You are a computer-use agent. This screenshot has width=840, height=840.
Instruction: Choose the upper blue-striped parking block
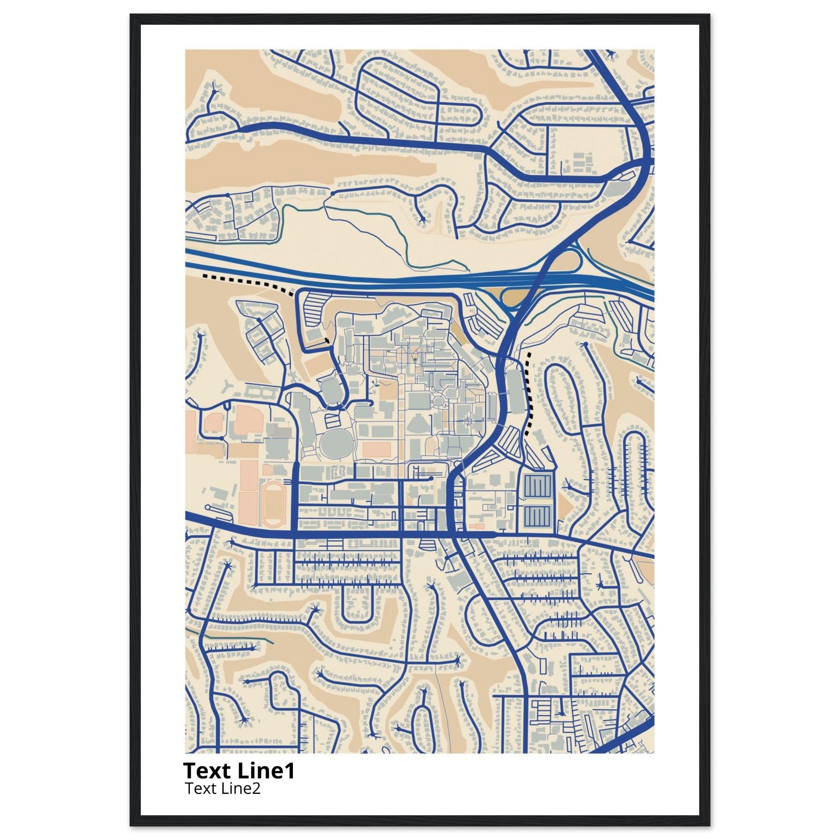539,488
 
